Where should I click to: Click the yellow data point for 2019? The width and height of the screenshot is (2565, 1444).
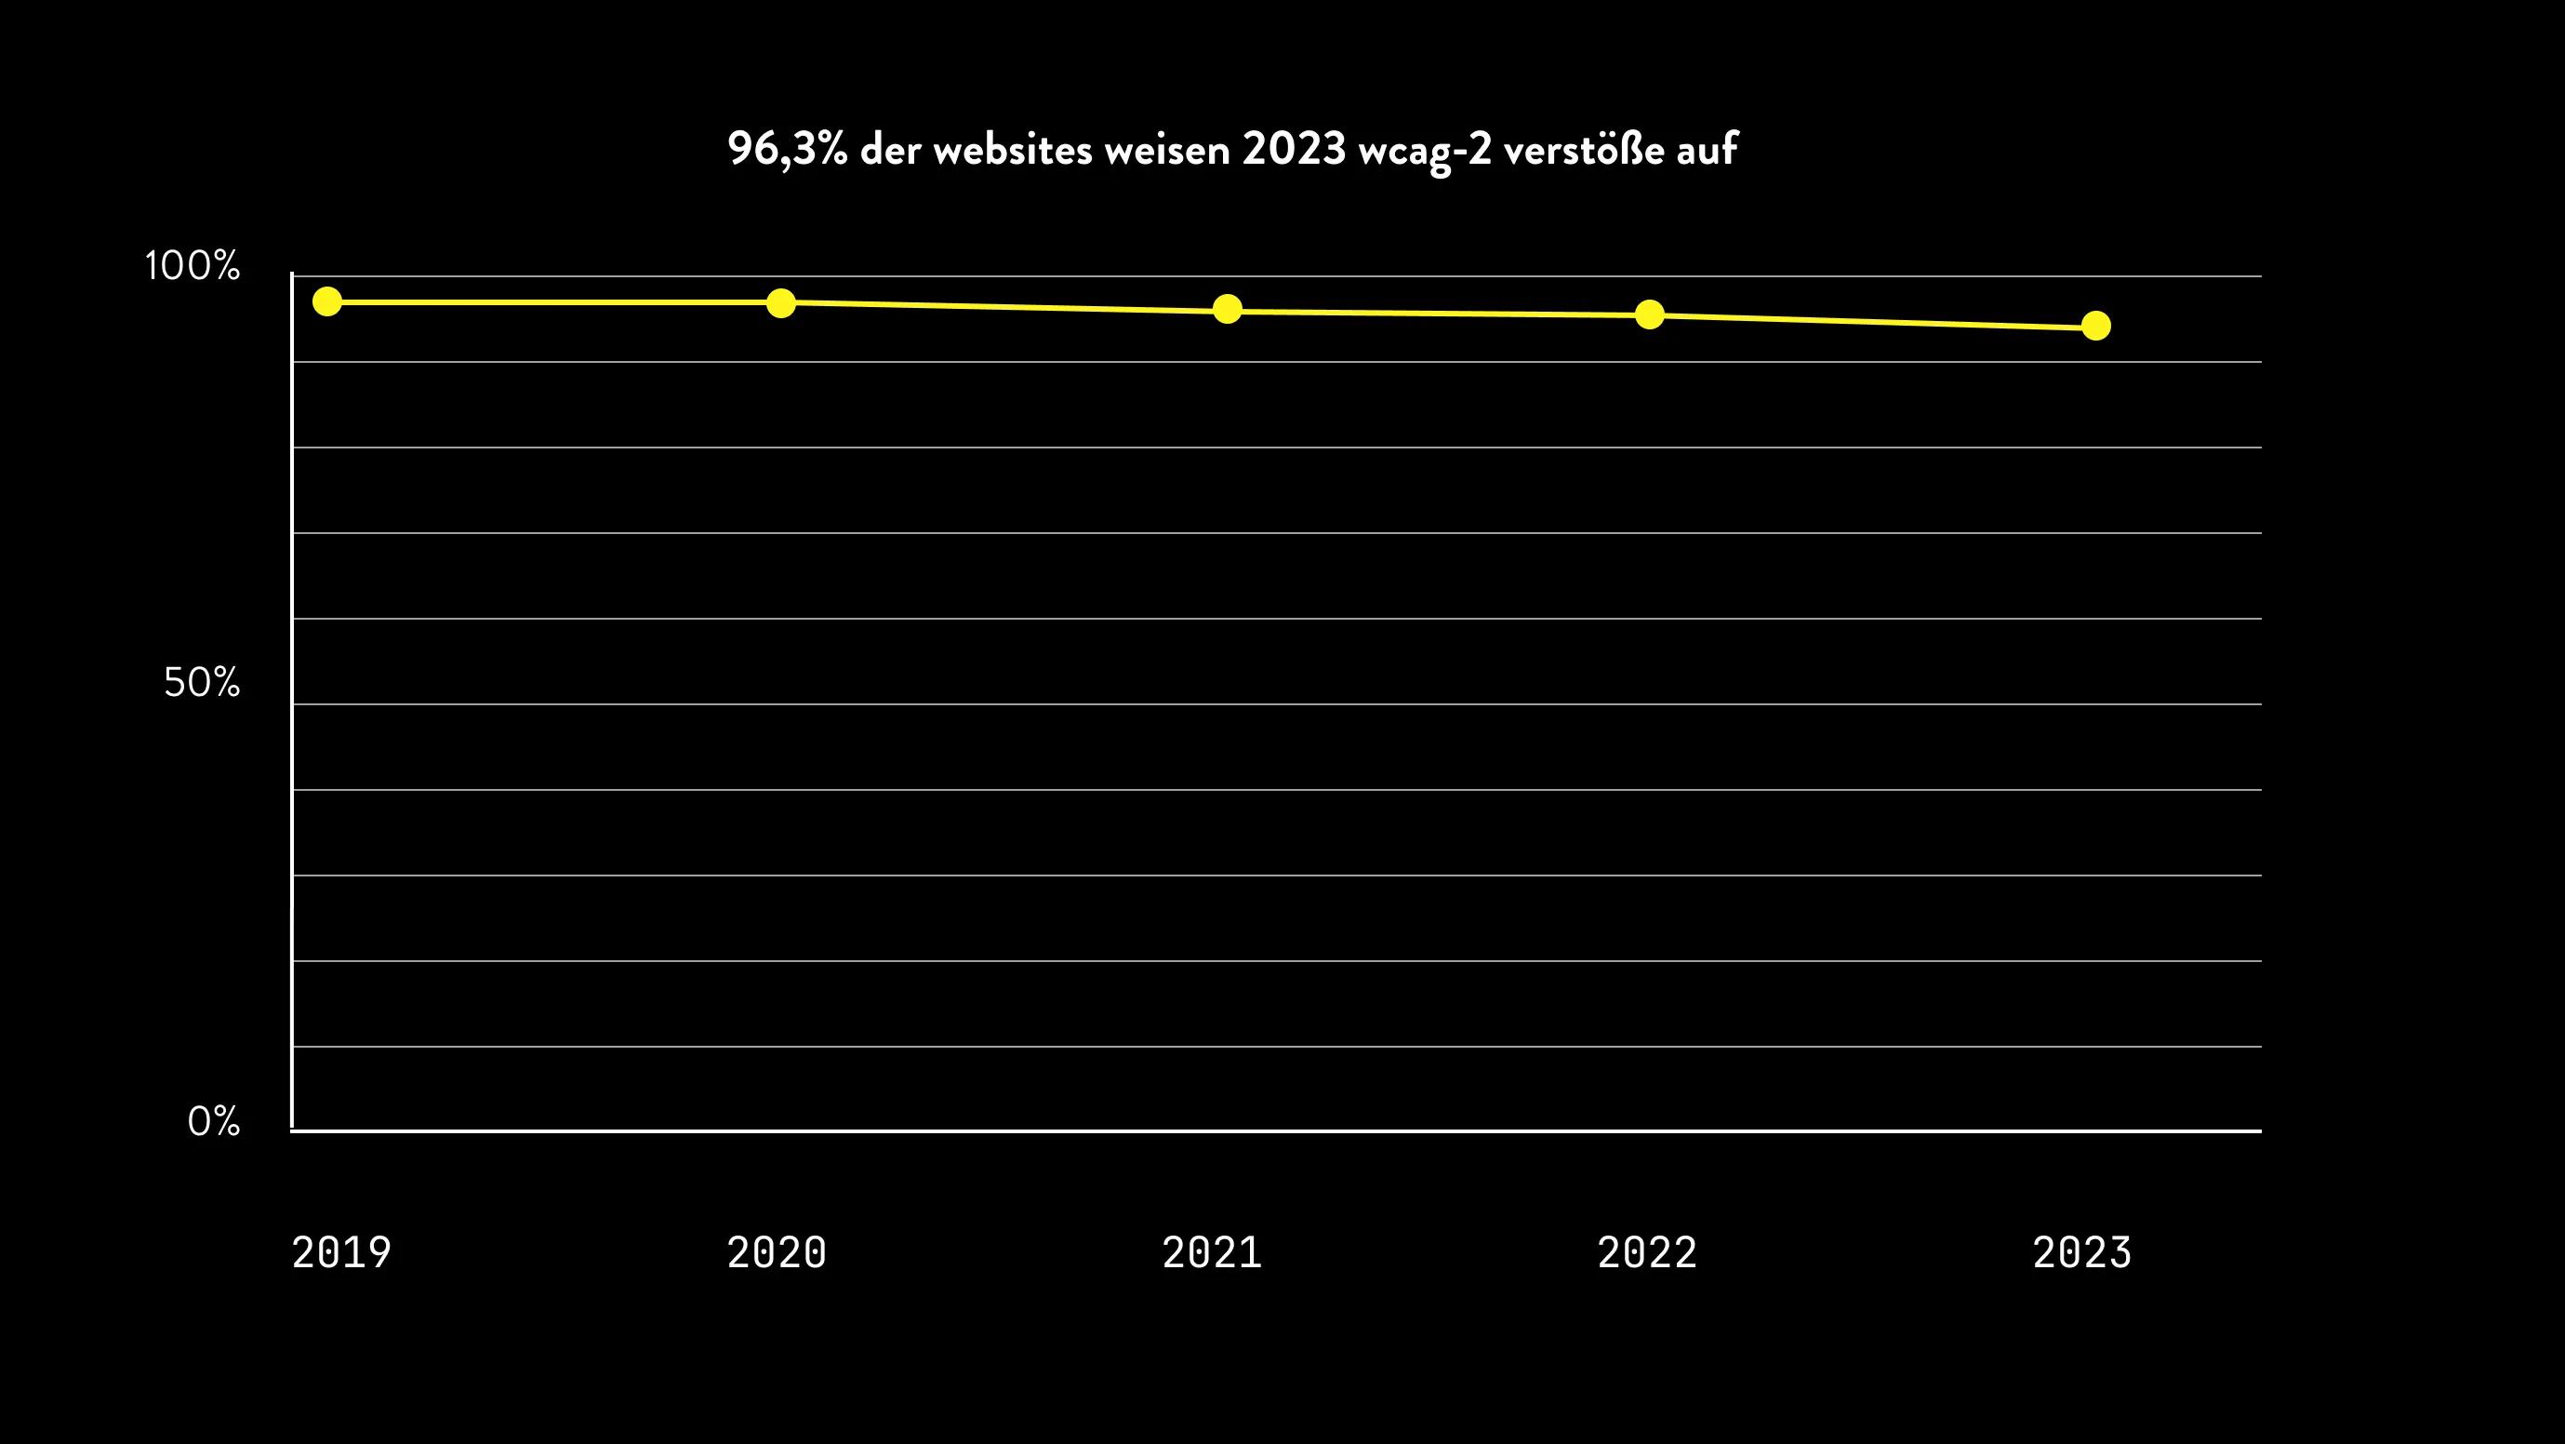tap(327, 301)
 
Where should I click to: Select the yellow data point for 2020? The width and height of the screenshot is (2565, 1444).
tap(781, 302)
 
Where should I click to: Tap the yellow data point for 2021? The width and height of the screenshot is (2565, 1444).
tap(1228, 309)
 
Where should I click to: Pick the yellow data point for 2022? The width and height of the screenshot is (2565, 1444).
tap(1650, 314)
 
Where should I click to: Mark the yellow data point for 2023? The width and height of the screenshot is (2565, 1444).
tap(2096, 326)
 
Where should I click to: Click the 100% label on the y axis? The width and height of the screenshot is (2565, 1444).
tap(193, 266)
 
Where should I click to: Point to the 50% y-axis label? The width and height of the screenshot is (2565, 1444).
tap(202, 683)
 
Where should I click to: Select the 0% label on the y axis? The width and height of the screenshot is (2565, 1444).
tap(214, 1122)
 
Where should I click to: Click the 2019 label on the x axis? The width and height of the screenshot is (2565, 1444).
tap(341, 1252)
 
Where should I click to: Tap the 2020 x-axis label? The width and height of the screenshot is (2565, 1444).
tap(777, 1252)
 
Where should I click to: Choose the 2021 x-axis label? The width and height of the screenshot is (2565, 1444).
tap(1212, 1252)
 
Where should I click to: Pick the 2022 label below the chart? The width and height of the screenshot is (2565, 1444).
tap(1647, 1252)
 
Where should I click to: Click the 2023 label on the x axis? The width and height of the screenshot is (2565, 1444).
tap(2082, 1252)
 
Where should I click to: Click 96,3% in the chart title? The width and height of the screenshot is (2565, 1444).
tap(787, 151)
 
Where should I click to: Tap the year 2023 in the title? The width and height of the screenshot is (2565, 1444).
tap(1294, 151)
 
